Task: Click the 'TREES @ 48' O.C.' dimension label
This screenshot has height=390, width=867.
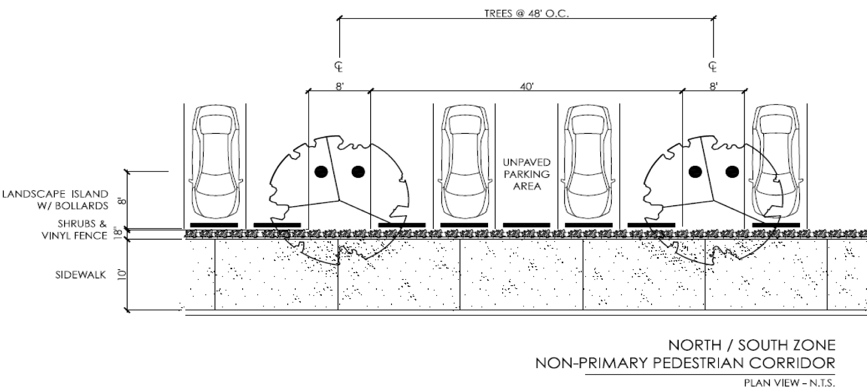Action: click(526, 13)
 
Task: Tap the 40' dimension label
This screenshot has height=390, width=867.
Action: click(526, 87)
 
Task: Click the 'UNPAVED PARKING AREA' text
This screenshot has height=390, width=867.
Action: click(526, 174)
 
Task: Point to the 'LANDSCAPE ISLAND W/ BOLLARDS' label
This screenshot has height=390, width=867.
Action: click(55, 200)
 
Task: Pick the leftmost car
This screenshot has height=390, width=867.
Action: click(215, 161)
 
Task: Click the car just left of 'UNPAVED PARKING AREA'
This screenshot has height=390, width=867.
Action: click(464, 161)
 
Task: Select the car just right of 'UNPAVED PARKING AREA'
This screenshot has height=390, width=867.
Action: click(589, 161)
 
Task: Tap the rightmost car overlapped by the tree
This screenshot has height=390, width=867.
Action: click(776, 161)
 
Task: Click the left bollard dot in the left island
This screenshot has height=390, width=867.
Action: click(320, 171)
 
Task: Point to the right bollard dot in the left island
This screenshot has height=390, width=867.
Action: click(358, 171)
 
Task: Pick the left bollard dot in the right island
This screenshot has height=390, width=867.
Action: click(695, 171)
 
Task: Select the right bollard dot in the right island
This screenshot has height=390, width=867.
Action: click(732, 171)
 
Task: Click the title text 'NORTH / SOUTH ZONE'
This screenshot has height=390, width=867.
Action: click(752, 345)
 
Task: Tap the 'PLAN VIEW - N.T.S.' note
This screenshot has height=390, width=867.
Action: click(789, 383)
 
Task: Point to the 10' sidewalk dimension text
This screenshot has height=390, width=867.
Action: click(121, 275)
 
